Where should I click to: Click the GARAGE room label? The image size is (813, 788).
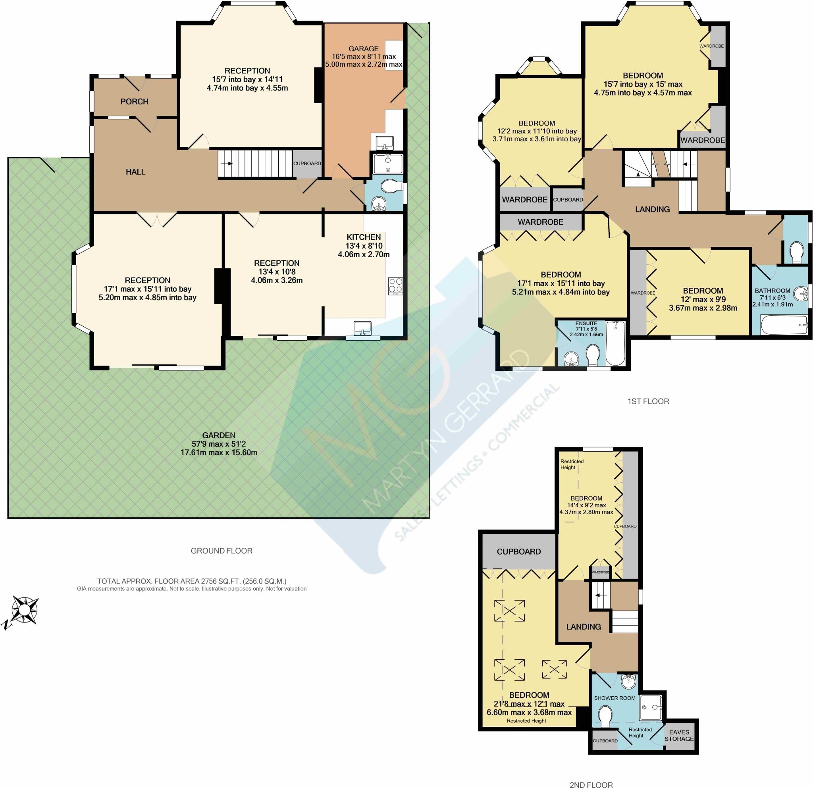click(363, 48)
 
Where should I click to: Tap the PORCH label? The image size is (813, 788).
click(135, 102)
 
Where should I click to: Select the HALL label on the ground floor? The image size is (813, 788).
click(136, 172)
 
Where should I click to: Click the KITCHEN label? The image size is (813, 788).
click(364, 237)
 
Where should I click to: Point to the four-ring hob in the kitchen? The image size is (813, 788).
click(395, 286)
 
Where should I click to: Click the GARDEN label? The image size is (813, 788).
click(219, 435)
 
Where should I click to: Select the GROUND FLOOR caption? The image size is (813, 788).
click(222, 551)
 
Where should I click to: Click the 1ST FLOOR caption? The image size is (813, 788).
click(648, 401)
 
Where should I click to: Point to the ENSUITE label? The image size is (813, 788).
click(586, 324)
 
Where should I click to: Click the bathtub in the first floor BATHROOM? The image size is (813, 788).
click(784, 325)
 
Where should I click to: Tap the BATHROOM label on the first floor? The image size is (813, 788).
click(773, 291)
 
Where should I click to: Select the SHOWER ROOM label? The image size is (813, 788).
click(615, 698)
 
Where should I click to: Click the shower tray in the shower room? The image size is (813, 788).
click(651, 707)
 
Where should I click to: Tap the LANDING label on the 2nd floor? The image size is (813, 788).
click(584, 627)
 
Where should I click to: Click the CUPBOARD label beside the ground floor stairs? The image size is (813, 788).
click(307, 164)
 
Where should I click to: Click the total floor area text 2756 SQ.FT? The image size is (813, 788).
click(192, 581)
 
